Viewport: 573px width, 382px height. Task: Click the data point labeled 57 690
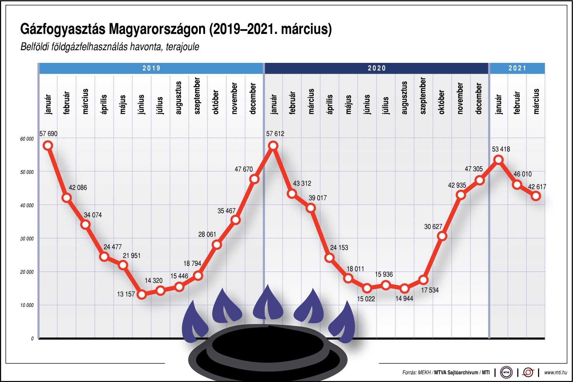click(48, 146)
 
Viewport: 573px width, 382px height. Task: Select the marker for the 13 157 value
click(142, 294)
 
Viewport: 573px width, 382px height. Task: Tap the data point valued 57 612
click(273, 146)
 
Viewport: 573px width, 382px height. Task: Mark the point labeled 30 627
click(442, 236)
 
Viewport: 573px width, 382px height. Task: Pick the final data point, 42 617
click(536, 196)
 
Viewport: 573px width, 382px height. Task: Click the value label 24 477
click(113, 247)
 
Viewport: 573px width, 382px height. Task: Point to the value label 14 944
click(404, 299)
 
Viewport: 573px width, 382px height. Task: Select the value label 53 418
click(501, 149)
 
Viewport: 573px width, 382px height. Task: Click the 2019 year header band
click(151, 68)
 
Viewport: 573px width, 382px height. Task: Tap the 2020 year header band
click(377, 68)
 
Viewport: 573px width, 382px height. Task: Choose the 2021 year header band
click(517, 68)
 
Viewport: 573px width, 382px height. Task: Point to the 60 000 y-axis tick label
click(27, 139)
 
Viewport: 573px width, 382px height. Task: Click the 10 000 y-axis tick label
click(27, 305)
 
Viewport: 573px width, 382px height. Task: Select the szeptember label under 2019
click(197, 96)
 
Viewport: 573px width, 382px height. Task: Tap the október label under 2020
click(442, 102)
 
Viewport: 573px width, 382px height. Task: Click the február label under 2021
click(517, 103)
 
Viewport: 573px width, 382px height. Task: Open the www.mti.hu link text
click(555, 373)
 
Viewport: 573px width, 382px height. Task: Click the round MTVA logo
click(506, 373)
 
